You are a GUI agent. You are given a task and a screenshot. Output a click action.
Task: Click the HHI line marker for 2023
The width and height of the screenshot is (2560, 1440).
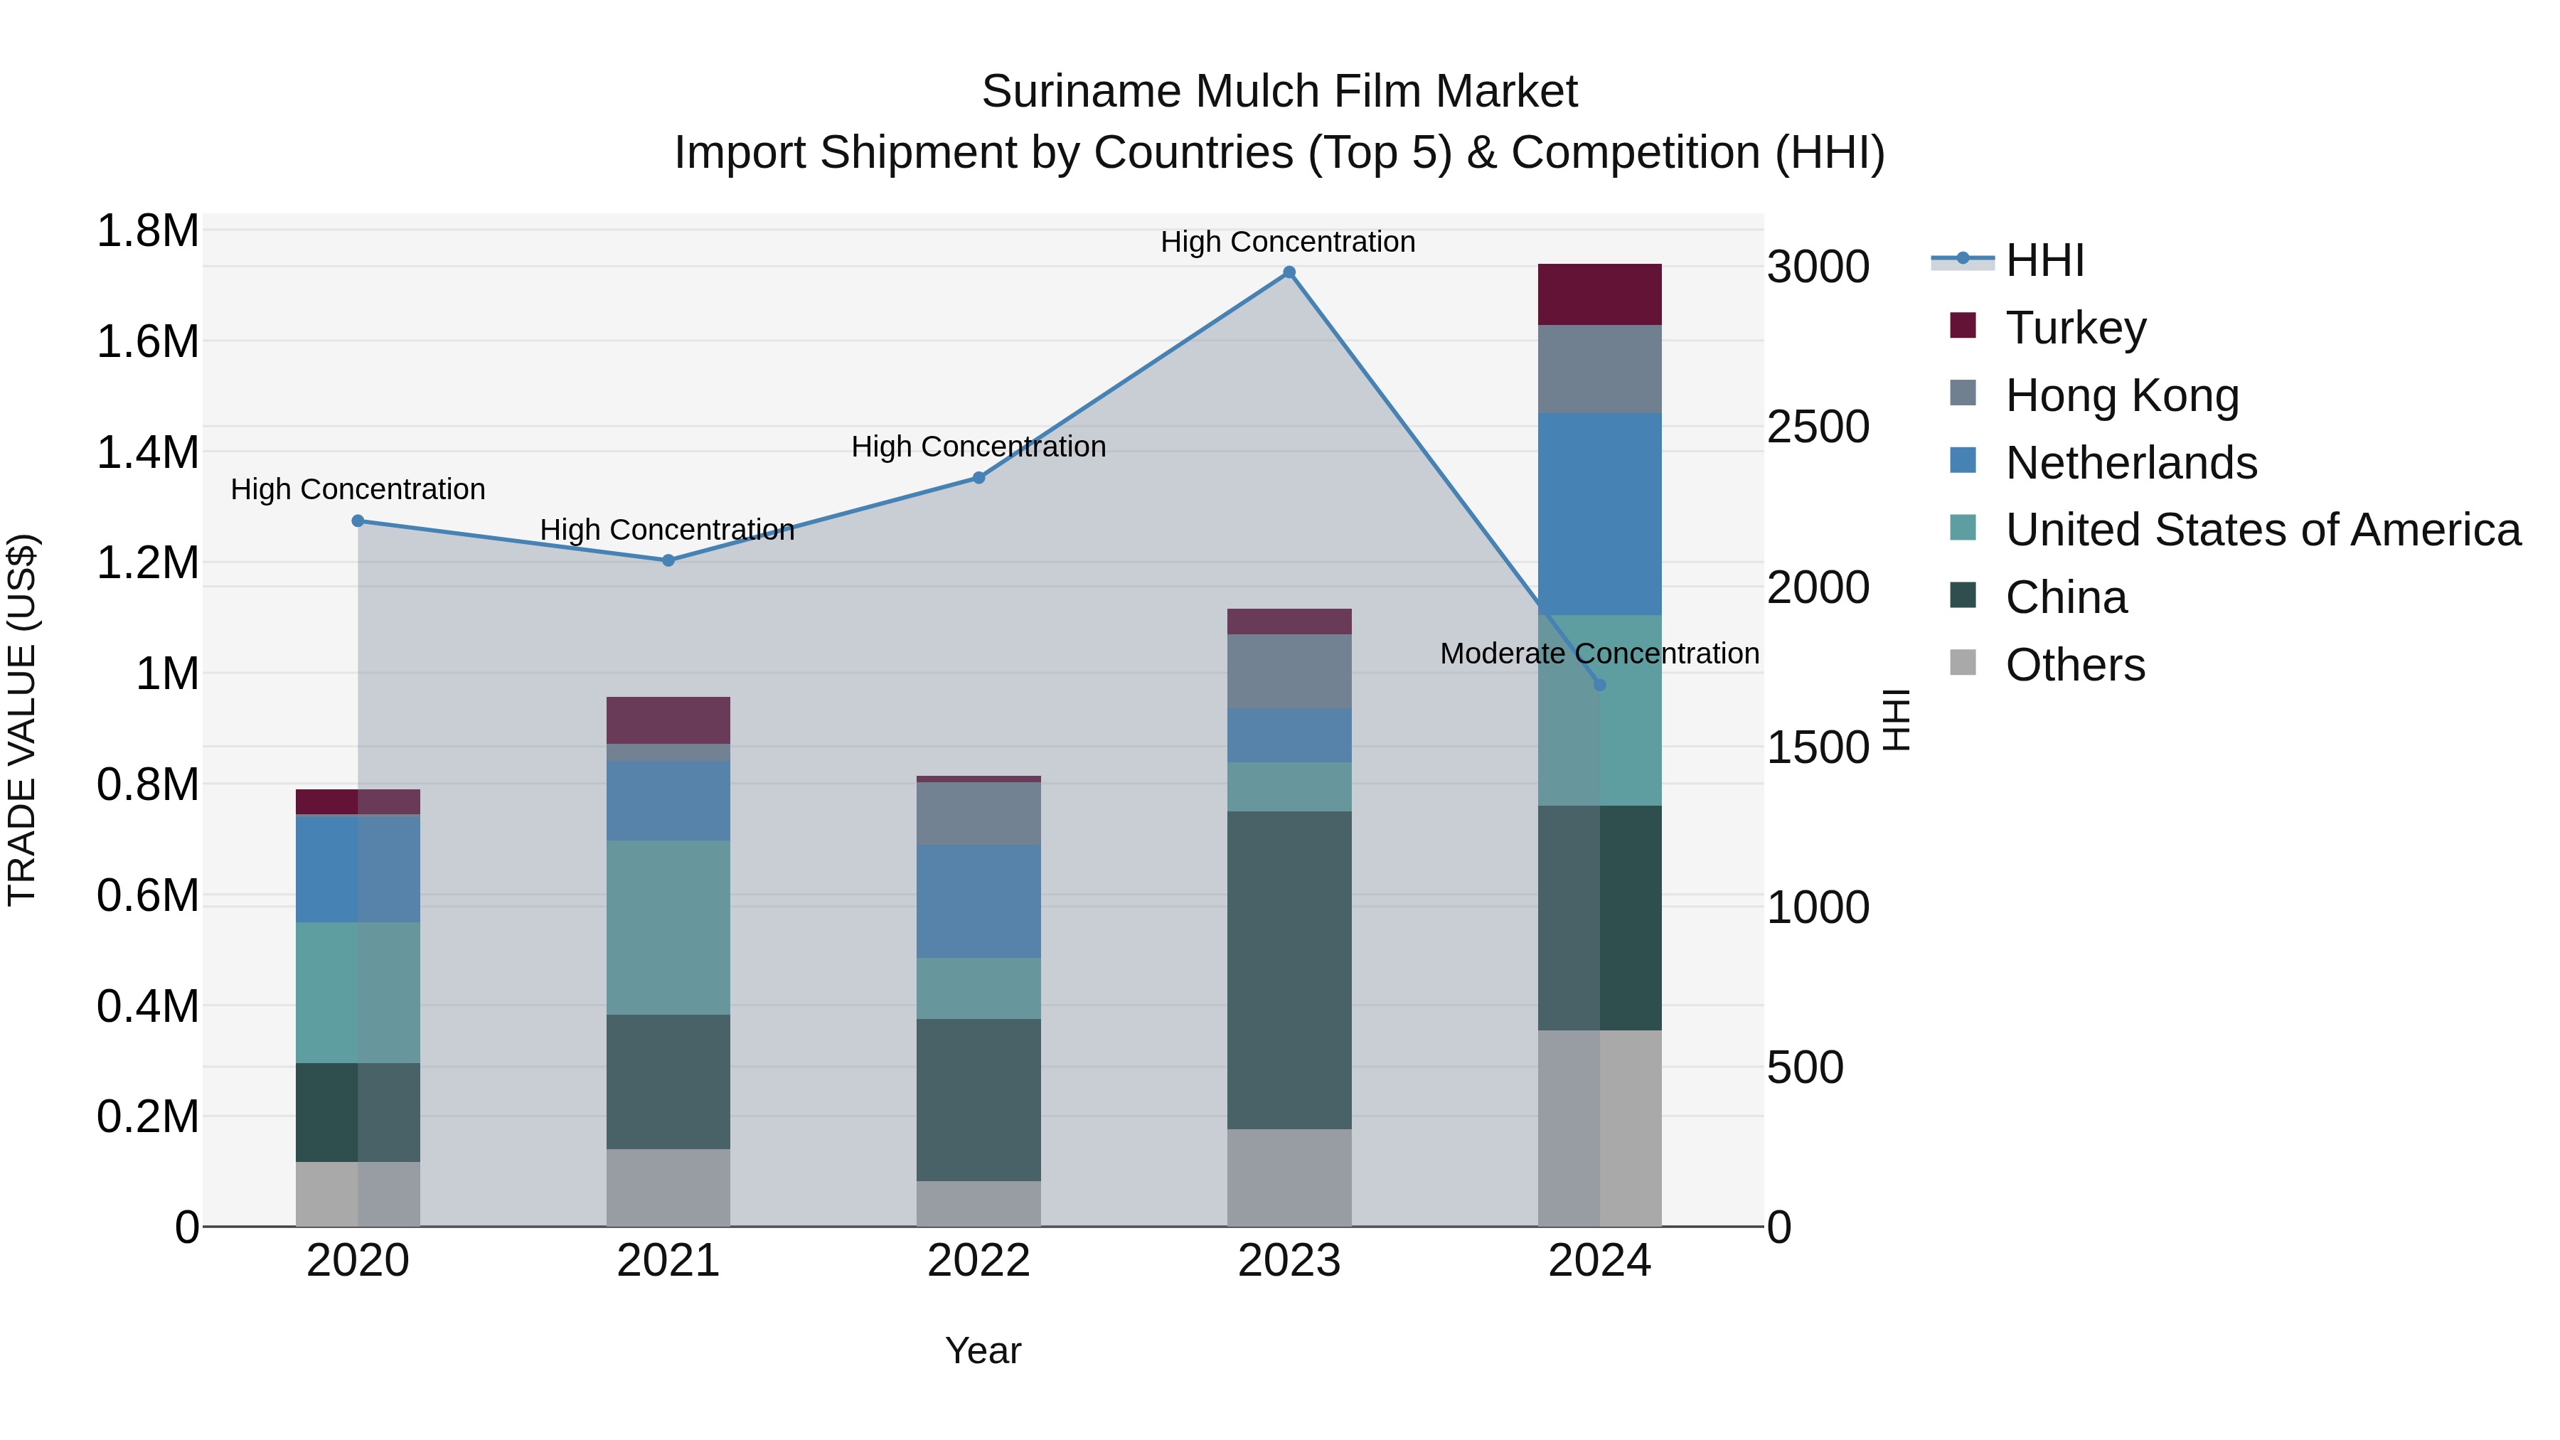(x=1289, y=272)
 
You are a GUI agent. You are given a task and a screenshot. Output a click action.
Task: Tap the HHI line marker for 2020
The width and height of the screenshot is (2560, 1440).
(x=358, y=521)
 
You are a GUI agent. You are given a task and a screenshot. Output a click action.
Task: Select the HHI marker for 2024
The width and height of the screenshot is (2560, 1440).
(x=1599, y=685)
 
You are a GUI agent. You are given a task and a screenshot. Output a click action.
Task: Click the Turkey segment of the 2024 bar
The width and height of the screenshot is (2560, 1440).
(x=1599, y=294)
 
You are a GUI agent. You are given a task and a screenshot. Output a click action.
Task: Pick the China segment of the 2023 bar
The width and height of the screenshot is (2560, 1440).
(x=1289, y=969)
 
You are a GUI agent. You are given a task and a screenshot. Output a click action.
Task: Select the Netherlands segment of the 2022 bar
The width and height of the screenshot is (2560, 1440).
(x=978, y=902)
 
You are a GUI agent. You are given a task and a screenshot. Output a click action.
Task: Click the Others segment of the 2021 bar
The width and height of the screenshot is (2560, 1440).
(x=668, y=1187)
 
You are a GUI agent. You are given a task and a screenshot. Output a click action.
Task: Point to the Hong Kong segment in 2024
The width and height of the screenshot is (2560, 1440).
(x=1599, y=368)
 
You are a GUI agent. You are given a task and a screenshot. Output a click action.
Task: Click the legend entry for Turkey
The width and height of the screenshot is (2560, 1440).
(x=2075, y=328)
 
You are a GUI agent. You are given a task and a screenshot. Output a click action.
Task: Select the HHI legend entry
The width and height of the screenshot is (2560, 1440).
(x=2043, y=260)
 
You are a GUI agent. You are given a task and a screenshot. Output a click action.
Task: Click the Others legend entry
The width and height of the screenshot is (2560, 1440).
(x=2074, y=665)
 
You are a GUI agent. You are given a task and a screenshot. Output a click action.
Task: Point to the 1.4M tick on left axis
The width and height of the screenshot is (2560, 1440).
(x=147, y=452)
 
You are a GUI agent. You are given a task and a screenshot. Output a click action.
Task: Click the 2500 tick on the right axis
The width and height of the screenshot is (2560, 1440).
(x=1818, y=427)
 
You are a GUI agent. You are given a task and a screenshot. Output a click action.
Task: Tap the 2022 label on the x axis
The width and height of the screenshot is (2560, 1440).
(x=978, y=1261)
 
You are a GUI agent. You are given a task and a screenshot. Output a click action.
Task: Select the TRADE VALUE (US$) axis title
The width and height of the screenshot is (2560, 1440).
(x=22, y=720)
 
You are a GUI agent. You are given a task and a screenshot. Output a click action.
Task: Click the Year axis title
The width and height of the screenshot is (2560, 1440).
(x=982, y=1350)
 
